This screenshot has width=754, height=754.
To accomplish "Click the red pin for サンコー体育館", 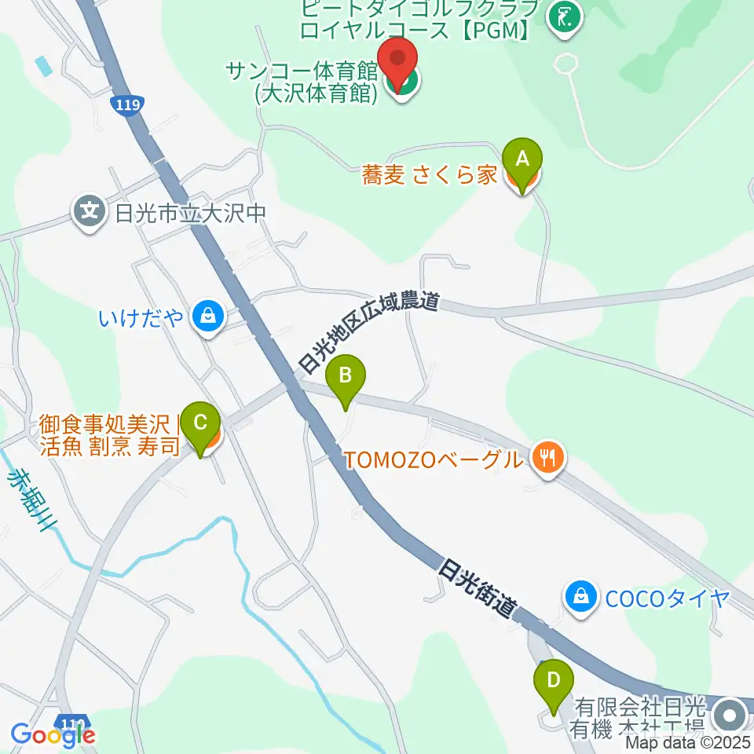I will [399, 61].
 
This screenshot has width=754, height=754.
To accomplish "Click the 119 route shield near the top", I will [126, 104].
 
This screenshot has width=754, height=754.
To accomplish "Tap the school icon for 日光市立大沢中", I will [90, 210].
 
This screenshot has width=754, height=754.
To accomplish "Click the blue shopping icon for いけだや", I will [207, 316].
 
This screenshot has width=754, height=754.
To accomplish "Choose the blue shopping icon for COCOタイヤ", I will [580, 595].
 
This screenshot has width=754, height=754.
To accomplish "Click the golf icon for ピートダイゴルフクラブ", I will [563, 16].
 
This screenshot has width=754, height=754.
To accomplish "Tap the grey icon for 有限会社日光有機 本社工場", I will [731, 715].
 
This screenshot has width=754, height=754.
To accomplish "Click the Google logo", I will [53, 734].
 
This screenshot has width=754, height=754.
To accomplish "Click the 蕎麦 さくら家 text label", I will [430, 174].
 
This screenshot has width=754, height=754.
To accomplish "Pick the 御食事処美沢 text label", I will [105, 426].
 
